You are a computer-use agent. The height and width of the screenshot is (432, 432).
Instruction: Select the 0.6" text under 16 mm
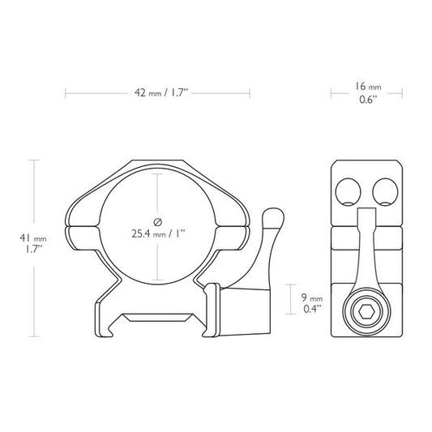368,101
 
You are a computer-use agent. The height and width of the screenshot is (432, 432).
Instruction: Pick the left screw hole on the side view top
348,191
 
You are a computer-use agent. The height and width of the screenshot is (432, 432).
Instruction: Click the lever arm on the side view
365,251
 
